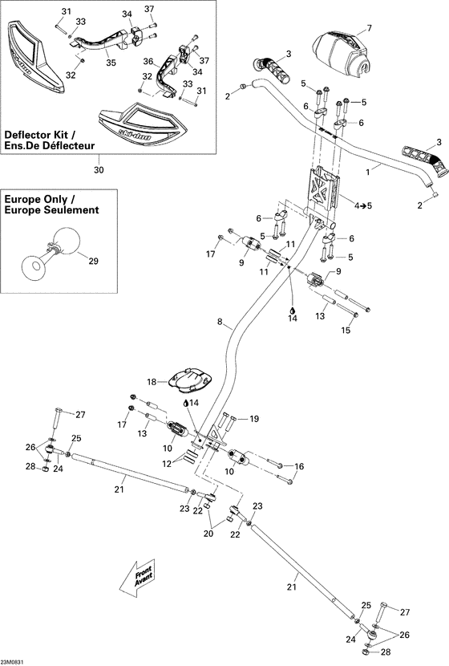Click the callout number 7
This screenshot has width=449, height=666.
tap(369, 29)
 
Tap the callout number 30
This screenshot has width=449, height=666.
tap(99, 169)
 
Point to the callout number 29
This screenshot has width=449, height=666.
tap(93, 262)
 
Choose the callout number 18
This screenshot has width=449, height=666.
tap(152, 383)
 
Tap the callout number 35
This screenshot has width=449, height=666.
tap(111, 63)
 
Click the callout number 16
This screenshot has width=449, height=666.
tap(300, 466)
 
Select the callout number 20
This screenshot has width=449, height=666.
tap(209, 534)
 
